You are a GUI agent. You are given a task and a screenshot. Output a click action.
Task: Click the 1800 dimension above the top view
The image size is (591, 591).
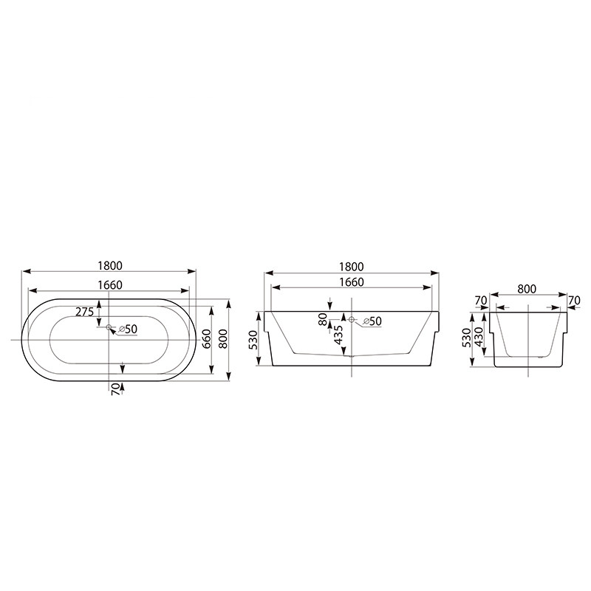(110, 266)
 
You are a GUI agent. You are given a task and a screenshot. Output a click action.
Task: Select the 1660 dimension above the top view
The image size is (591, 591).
(110, 285)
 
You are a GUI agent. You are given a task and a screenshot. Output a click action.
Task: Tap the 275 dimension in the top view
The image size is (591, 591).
(84, 312)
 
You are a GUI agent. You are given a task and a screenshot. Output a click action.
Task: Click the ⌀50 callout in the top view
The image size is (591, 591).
(128, 329)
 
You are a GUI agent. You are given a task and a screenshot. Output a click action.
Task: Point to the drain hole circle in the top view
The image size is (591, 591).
(109, 327)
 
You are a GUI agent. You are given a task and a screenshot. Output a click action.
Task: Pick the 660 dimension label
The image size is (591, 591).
(206, 339)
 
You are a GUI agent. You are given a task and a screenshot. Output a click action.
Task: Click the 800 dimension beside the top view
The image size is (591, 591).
(223, 339)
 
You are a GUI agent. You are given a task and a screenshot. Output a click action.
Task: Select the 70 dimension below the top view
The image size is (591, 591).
(116, 389)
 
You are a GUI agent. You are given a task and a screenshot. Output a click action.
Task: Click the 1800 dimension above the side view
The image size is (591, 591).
(352, 267)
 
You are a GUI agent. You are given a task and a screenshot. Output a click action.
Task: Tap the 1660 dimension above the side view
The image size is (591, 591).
(352, 282)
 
